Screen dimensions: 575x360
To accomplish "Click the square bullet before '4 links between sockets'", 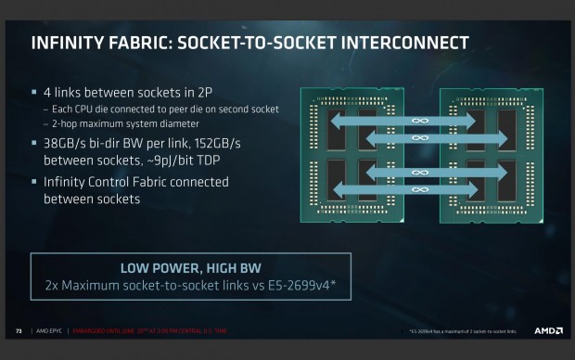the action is pyautogui.click(x=34, y=93).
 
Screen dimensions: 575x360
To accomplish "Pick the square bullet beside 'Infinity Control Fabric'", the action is pyautogui.click(x=34, y=181).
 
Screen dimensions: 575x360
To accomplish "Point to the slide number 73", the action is pyautogui.click(x=18, y=330).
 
